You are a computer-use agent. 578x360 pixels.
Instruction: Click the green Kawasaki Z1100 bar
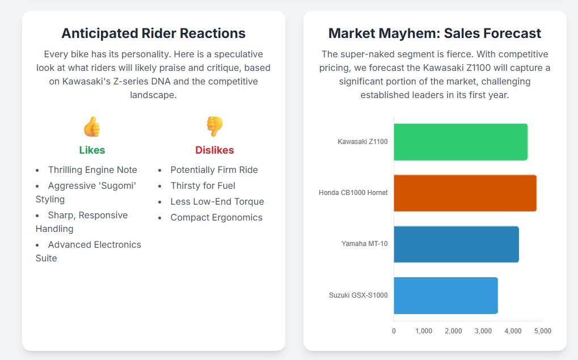point(461,142)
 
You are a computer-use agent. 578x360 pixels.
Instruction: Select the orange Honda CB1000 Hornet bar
point(465,193)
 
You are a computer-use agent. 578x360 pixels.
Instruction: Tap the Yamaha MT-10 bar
point(456,244)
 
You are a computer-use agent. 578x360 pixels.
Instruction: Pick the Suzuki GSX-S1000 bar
point(446,295)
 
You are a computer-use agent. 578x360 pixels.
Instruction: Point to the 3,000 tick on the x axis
point(483,331)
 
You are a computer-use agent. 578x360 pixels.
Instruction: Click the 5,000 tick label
point(542,331)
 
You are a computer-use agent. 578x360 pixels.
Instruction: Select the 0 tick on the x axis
point(394,331)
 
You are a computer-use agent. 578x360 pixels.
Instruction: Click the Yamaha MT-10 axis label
point(364,244)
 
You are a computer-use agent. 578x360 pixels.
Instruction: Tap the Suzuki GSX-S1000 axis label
point(358,295)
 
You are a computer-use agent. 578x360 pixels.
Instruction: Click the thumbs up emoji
point(92,126)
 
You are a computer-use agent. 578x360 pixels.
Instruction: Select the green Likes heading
point(92,150)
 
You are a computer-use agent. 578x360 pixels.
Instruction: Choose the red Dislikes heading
point(214,150)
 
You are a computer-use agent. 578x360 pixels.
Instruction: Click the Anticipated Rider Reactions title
point(153,33)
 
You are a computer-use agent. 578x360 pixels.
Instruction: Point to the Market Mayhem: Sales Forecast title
point(434,33)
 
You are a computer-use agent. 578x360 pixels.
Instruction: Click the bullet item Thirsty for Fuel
point(202,186)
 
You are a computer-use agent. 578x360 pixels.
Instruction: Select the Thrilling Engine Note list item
point(92,170)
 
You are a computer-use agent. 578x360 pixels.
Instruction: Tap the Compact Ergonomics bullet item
point(216,218)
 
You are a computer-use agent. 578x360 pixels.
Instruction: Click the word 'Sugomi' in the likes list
point(117,186)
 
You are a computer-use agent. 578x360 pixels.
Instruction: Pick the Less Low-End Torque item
point(217,202)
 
